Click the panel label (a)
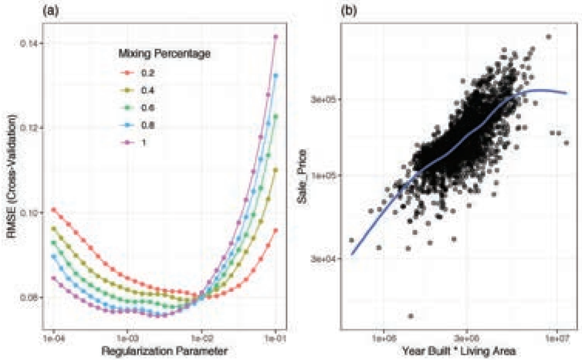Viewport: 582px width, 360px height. point(51,11)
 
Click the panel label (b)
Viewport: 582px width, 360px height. point(349,11)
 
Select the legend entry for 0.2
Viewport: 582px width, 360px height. point(137,73)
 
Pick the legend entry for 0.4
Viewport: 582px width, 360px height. point(137,90)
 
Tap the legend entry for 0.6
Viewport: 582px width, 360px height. point(137,107)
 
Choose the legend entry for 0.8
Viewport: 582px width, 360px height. point(137,125)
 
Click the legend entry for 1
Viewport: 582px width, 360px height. point(133,142)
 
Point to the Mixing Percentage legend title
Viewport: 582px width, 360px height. point(164,54)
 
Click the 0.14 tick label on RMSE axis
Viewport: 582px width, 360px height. point(30,43)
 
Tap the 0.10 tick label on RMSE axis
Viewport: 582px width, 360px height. point(30,212)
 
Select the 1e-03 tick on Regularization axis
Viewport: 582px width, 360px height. point(127,338)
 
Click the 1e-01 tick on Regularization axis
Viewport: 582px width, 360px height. point(276,338)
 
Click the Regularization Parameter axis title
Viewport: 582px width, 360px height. point(164,351)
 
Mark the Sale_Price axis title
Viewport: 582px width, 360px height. point(303,176)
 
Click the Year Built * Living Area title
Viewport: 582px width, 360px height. point(458,351)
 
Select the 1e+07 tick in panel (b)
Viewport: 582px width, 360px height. point(557,338)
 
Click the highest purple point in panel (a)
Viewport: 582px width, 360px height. point(276,36)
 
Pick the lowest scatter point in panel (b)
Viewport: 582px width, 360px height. point(411,316)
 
